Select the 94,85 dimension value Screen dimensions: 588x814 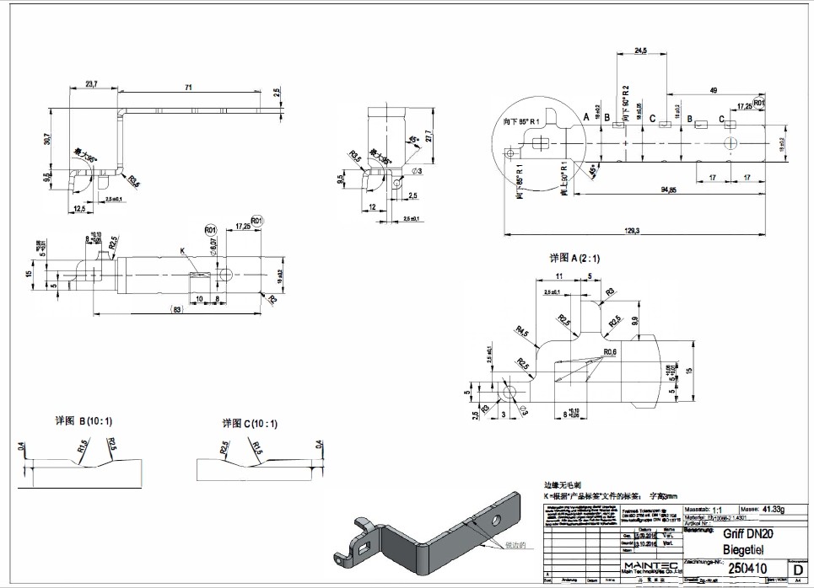(669, 190)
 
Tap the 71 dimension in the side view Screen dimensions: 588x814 (188, 86)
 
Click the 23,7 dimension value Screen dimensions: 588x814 (91, 83)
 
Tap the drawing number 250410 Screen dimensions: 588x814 (747, 569)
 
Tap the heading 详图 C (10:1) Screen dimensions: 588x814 (249, 423)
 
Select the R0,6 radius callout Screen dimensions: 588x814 (611, 352)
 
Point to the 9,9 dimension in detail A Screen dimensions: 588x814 (634, 319)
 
